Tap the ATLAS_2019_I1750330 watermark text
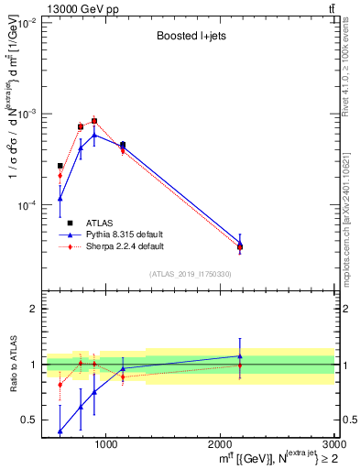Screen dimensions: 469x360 pos(191,274)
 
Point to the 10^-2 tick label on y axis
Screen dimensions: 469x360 pos(25,24)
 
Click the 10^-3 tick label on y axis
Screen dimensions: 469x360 pos(25,115)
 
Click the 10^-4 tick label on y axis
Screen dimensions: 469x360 pos(25,205)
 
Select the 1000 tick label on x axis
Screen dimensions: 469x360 pos(106,444)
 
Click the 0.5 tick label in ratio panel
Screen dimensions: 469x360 pos(28,420)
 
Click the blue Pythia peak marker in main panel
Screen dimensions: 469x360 pos(94,135)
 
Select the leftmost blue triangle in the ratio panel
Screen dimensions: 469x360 pos(60,431)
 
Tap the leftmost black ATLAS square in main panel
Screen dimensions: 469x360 pos(60,166)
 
